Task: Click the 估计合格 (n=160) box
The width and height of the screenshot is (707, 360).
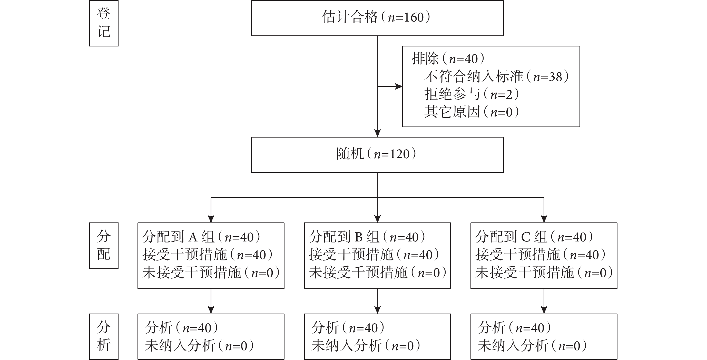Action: tap(377, 18)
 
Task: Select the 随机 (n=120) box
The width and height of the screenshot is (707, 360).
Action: tap(377, 155)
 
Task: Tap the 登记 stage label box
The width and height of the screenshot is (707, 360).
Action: tap(104, 23)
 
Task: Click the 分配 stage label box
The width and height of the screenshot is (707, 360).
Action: tap(104, 246)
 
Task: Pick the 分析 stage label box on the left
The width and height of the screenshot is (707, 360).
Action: tap(104, 337)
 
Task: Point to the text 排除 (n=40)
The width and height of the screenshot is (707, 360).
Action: tap(448, 59)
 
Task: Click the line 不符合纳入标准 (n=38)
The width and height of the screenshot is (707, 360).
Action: tap(496, 76)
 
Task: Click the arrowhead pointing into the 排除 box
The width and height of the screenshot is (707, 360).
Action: tap(399, 86)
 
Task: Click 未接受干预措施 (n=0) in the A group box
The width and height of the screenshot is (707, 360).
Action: tap(211, 273)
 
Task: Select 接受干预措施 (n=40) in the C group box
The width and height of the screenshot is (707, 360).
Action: tap(541, 255)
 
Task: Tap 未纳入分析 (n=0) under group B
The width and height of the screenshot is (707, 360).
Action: tap(366, 345)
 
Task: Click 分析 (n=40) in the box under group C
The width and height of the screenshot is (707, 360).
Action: tap(514, 328)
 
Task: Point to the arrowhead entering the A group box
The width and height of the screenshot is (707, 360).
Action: tap(211, 219)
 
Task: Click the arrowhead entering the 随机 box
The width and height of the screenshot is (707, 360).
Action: tap(377, 133)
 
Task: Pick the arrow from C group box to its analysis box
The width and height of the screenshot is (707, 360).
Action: tap(544, 301)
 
